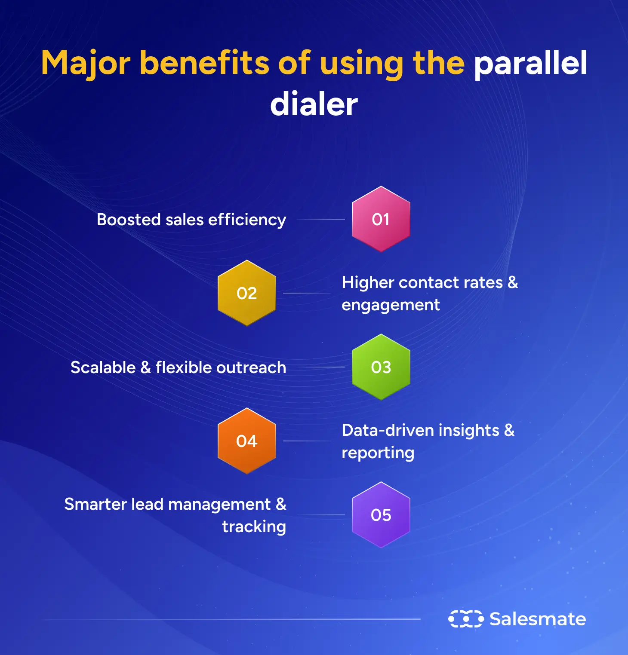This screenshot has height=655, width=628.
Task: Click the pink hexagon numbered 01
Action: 381,219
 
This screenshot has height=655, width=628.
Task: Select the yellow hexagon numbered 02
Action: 246,293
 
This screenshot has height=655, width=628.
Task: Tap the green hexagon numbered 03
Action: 381,367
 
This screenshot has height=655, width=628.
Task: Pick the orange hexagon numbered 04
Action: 246,441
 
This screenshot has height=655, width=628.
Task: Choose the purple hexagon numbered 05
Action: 381,515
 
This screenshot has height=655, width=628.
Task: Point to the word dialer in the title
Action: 314,104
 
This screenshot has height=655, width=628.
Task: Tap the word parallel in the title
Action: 530,63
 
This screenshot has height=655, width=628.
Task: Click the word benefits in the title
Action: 204,63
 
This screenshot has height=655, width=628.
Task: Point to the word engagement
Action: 391,305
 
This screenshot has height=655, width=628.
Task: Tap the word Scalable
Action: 103,367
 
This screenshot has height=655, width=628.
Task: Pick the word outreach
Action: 251,367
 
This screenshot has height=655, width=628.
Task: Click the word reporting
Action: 378,453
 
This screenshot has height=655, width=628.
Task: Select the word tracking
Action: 254,527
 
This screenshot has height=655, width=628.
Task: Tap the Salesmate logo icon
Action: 465,619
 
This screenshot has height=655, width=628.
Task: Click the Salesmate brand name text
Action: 538,619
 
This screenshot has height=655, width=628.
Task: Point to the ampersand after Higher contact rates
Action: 513,282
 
